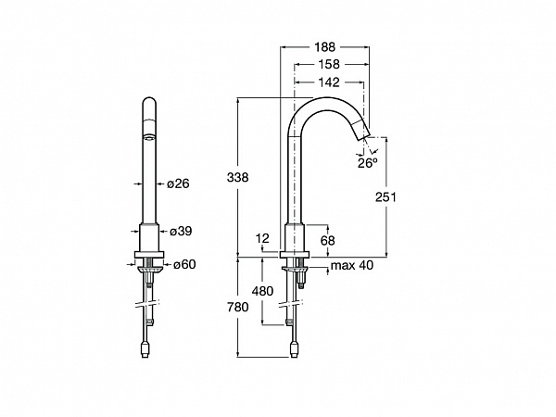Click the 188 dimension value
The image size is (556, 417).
pos(324,46)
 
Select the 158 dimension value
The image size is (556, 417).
pos(329,64)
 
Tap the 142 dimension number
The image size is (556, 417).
pos(329,82)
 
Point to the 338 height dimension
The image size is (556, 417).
pos(237,177)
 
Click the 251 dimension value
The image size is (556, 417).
pos(385,196)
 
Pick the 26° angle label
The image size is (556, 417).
pos(367,163)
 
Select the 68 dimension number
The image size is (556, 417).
pos(327,240)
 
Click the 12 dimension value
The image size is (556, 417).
pos(263,238)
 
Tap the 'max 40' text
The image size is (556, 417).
pos(352,265)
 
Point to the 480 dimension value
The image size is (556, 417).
pos(262,291)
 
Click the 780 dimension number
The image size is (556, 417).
pos(237,307)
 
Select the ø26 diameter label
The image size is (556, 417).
pos(178,183)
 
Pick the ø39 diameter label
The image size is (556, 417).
pos(181,231)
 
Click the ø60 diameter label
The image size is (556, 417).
pos(184,264)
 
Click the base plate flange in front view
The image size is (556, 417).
pos(149,254)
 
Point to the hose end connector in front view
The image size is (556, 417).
pos(145,348)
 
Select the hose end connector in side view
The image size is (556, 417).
pos(294,348)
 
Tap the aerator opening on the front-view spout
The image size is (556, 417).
pos(149,137)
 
